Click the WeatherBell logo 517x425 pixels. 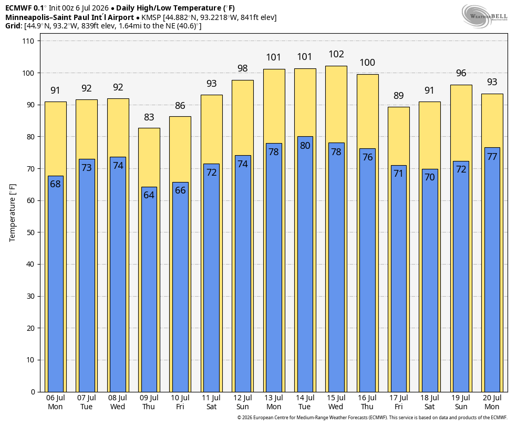(x=484, y=16)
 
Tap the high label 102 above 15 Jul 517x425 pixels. (x=336, y=54)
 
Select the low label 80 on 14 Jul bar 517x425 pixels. (x=305, y=146)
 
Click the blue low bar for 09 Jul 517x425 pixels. (x=149, y=289)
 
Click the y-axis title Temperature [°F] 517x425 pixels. (x=13, y=213)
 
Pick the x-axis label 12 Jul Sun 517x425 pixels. (x=243, y=402)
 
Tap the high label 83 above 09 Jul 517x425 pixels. (x=149, y=117)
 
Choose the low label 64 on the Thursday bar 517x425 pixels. (x=149, y=195)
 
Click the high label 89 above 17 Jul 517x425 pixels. (x=399, y=96)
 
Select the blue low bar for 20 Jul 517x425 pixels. (x=492, y=270)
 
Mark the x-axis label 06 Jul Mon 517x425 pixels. (x=55, y=402)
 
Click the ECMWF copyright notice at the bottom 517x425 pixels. (x=373, y=418)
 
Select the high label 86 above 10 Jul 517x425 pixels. (x=180, y=106)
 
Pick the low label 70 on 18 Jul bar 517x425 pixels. (x=430, y=177)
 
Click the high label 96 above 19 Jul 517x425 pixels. (x=461, y=73)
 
